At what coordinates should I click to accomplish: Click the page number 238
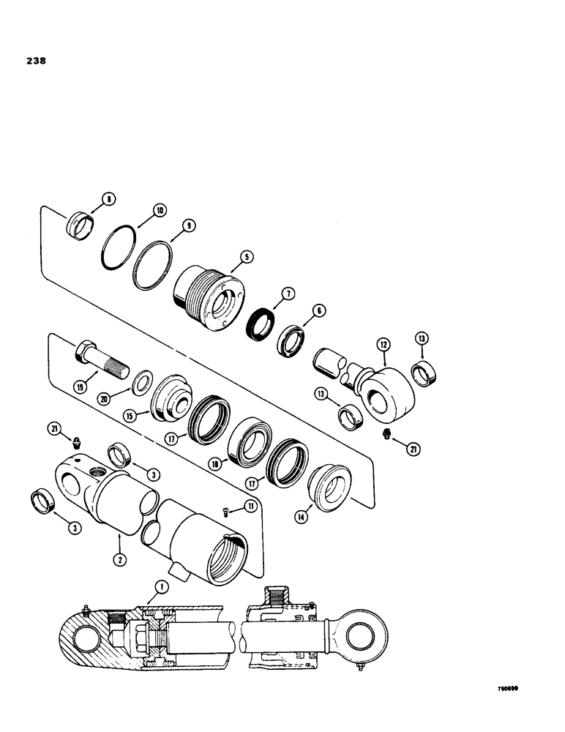[x=34, y=61]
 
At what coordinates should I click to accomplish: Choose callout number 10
[x=159, y=210]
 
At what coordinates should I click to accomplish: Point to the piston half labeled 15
[x=170, y=400]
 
